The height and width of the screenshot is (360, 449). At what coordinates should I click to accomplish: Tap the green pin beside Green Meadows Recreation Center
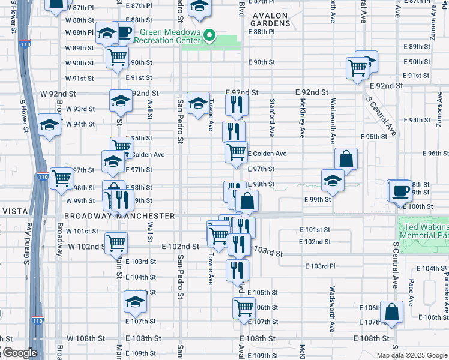(209, 35)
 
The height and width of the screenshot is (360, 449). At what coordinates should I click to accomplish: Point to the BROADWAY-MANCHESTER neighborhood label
(119, 216)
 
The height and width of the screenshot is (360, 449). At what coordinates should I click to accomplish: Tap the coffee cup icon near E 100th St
(400, 190)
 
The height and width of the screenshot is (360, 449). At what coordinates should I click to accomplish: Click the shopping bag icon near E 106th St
(391, 312)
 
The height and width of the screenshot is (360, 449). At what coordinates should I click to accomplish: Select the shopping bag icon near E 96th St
(346, 159)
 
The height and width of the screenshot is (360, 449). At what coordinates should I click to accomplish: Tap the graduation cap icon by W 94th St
(49, 125)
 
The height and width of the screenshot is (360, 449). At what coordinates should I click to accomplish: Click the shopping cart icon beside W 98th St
(61, 178)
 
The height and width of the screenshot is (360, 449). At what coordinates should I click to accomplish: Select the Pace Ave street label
(411, 292)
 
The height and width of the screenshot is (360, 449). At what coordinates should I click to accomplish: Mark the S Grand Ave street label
(28, 244)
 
